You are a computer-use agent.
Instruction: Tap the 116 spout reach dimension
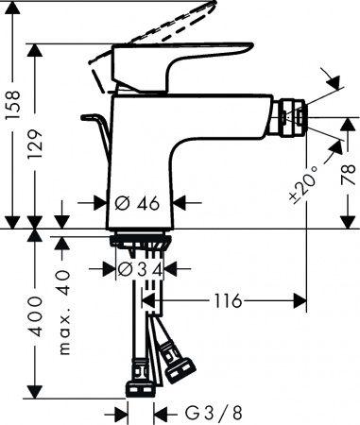point(226,301)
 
